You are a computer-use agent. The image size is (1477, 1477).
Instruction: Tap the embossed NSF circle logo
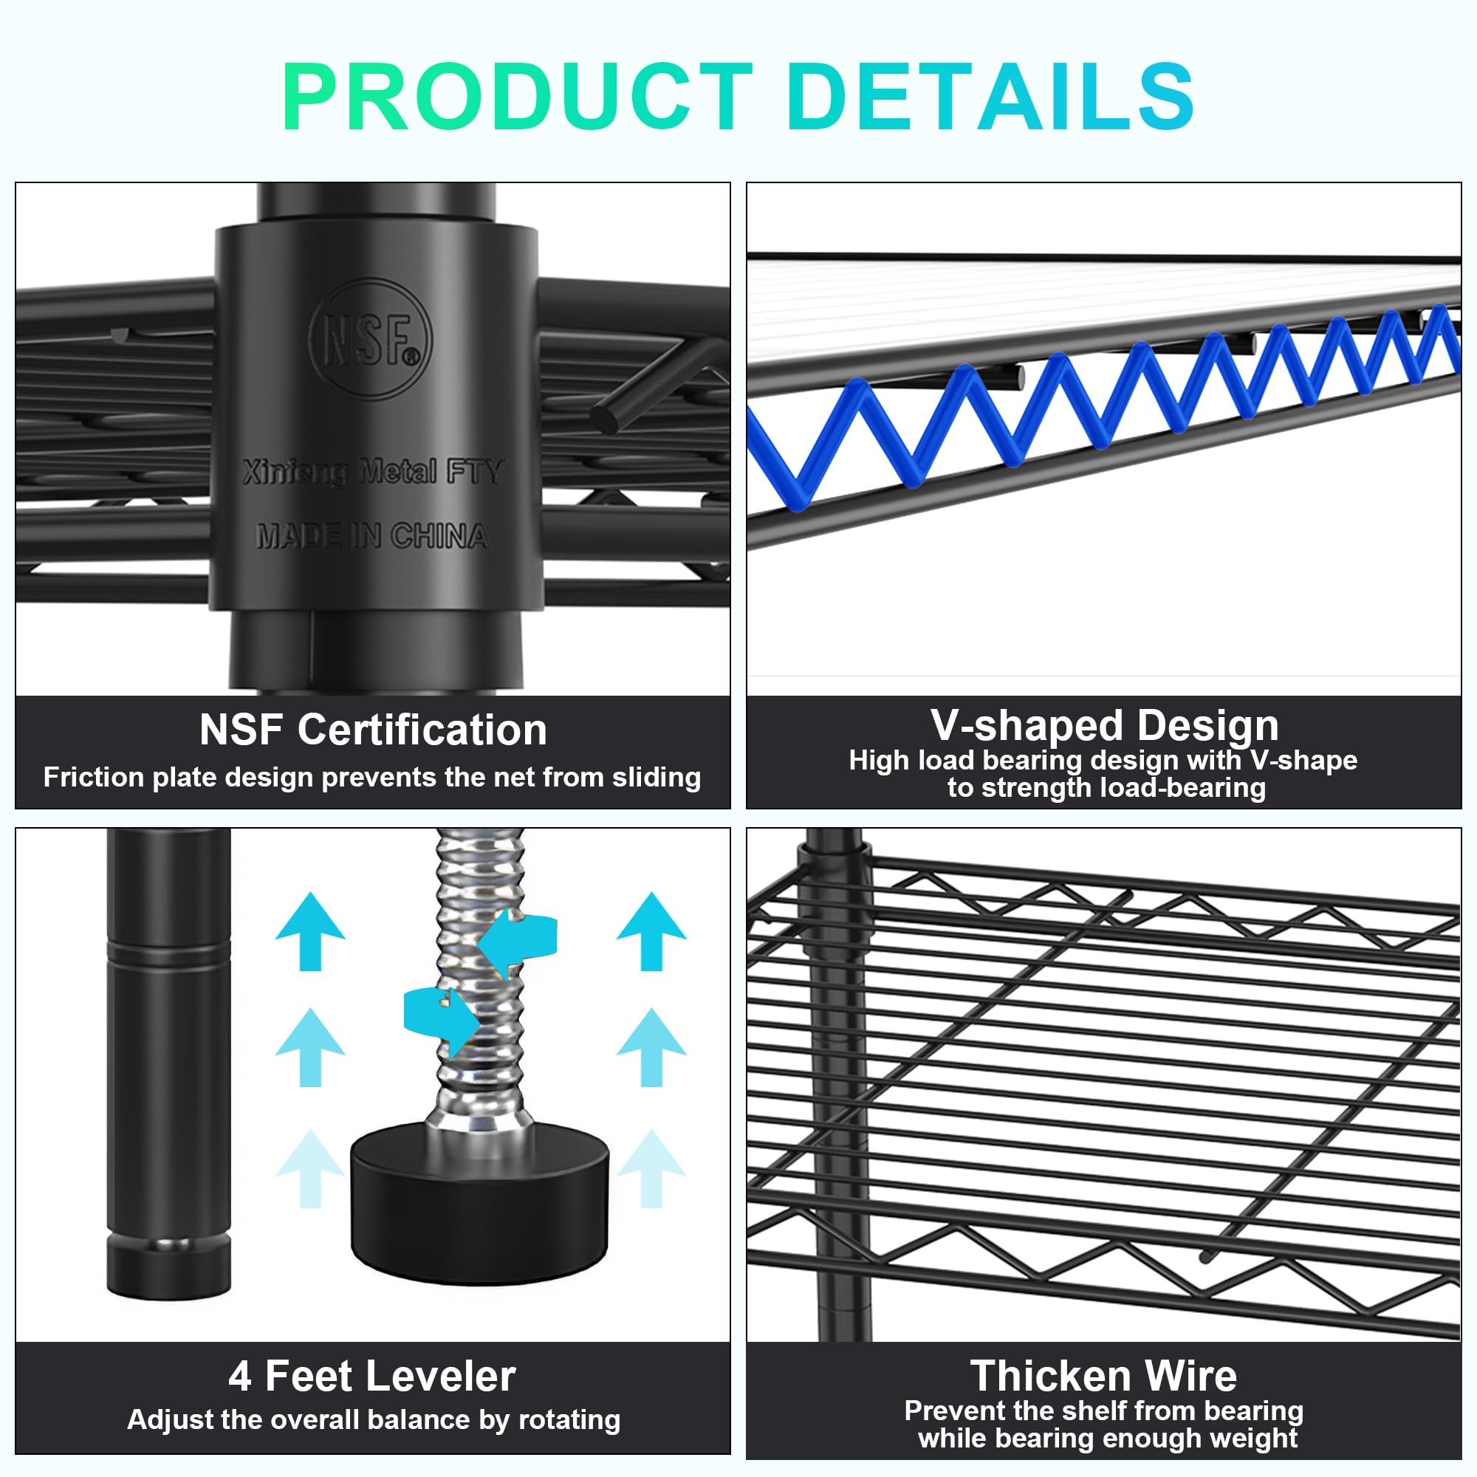(370, 339)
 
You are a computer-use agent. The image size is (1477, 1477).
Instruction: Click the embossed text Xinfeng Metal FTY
(373, 472)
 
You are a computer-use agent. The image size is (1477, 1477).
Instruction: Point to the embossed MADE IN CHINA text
(373, 536)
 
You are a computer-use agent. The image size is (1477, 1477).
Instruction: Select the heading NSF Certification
(373, 730)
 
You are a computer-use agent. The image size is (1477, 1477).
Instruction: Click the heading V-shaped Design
(1105, 725)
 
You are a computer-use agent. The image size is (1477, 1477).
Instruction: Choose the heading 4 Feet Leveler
(372, 1376)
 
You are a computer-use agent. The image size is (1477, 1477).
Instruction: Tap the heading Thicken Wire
(1104, 1376)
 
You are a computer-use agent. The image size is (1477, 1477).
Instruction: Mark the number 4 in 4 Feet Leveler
(239, 1377)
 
